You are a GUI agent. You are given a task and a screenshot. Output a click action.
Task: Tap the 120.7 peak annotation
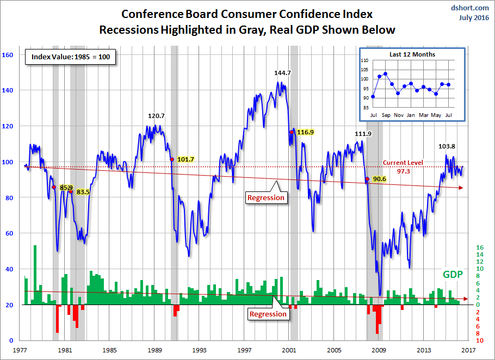[x=157, y=116]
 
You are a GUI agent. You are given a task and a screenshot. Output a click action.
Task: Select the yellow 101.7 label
[x=185, y=159]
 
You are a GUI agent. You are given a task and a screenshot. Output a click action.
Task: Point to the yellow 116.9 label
[x=305, y=132]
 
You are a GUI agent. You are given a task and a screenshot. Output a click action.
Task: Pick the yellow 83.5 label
[x=82, y=192]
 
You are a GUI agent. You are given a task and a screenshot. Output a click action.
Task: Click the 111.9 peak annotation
[x=364, y=134]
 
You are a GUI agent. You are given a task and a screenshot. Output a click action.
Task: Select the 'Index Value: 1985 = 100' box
[x=70, y=57]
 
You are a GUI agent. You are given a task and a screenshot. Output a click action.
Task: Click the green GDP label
[x=452, y=275]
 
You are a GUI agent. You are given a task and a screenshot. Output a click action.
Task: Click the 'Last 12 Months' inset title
[x=412, y=54]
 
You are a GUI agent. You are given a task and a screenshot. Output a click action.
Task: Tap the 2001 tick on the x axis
[x=290, y=351]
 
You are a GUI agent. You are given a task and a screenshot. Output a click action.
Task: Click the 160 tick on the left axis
[x=8, y=55]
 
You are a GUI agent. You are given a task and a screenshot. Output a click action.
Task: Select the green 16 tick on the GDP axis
[x=480, y=247]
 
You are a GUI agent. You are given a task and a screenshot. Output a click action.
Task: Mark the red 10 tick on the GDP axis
[x=480, y=340]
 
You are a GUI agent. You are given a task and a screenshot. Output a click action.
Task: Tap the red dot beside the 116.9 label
[x=292, y=132]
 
